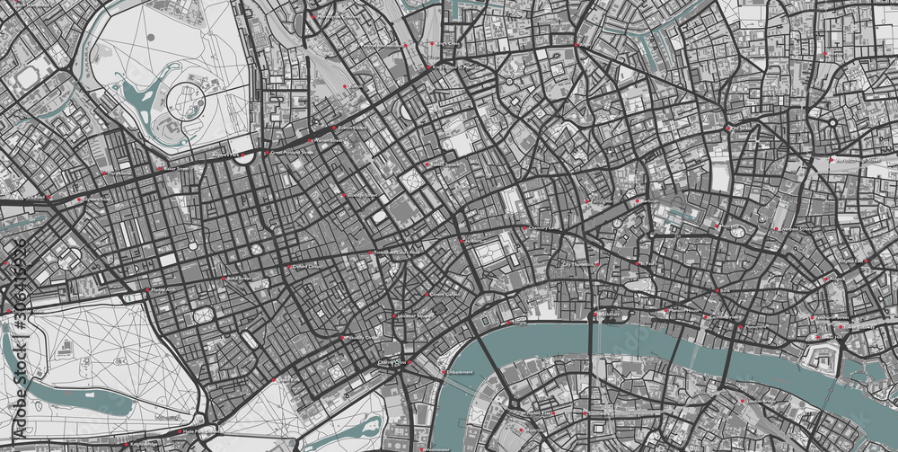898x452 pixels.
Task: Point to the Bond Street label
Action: coord(237,279)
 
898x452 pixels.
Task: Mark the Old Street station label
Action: coord(742,129)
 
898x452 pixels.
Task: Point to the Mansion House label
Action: coord(682,311)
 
